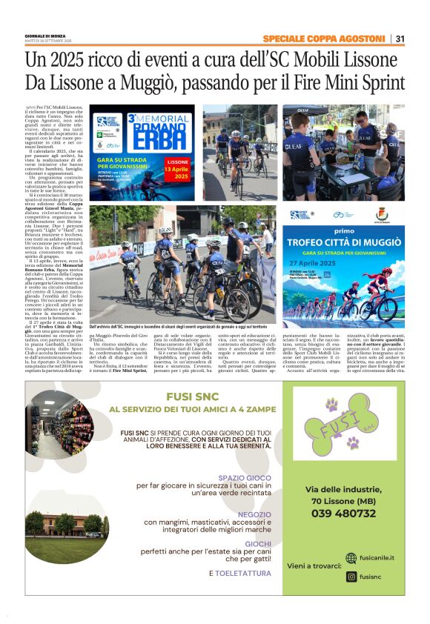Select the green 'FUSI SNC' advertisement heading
[x=191, y=396]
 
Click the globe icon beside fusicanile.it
[x=351, y=558]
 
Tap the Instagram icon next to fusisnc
[x=351, y=576]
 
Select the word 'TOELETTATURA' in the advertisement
[x=244, y=574]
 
